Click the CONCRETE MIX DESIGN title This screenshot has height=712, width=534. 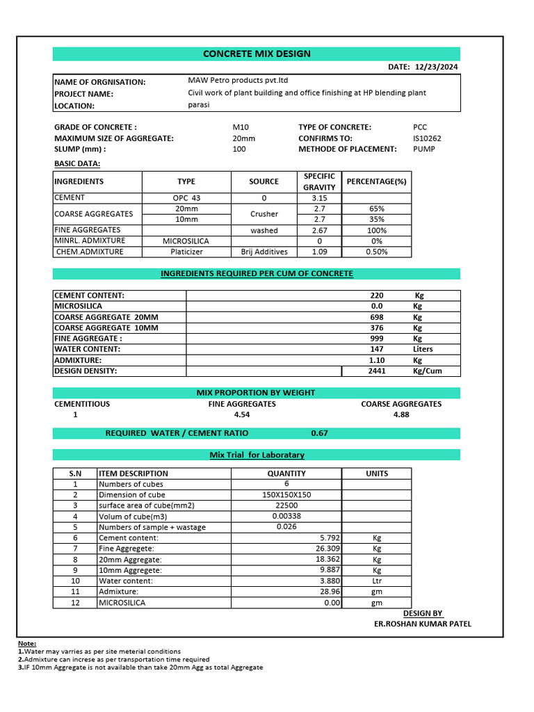click(257, 54)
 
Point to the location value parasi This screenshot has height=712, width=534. click(198, 105)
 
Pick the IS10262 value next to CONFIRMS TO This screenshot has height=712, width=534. click(427, 138)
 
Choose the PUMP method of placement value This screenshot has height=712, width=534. click(424, 149)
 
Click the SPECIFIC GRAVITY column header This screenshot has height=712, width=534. click(319, 181)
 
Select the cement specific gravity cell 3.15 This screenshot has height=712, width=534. click(319, 198)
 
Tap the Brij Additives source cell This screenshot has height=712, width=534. click(264, 252)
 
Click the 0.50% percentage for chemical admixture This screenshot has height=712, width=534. click(376, 252)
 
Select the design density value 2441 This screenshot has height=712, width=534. click(376, 371)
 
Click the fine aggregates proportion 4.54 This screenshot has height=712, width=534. click(242, 414)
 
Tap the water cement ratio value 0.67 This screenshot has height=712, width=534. click(319, 432)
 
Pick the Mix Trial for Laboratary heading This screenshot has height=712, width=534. click(257, 455)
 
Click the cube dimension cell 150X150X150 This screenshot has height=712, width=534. click(286, 494)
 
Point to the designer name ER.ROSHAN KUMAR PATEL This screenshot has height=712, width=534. click(422, 624)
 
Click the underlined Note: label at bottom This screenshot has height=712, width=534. click(27, 644)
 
